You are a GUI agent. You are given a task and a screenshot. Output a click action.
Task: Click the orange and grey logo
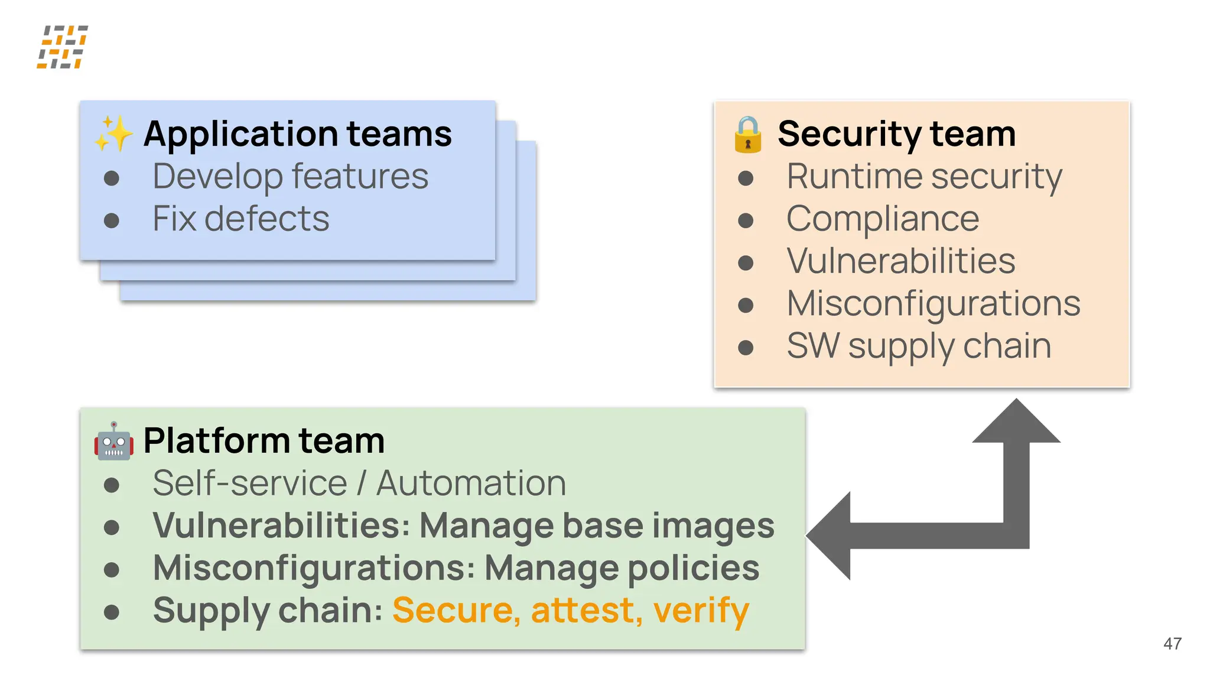63,47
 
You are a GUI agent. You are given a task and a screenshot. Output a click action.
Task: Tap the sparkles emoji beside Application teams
113,134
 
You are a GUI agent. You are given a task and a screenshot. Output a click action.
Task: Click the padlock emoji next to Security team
747,135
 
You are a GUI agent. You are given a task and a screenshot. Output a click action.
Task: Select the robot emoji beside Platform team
113,441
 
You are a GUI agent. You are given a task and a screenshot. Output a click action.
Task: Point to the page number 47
1172,644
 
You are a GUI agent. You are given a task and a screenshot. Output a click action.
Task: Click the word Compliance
883,219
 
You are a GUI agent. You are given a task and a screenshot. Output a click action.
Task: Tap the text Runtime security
924,176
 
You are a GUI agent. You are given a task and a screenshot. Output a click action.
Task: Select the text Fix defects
240,219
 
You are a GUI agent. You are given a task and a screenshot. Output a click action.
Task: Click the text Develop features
290,176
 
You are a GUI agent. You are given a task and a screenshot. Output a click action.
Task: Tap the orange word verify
701,610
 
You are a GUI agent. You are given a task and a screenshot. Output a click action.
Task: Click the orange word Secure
456,610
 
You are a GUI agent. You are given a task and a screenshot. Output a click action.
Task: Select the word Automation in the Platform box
471,483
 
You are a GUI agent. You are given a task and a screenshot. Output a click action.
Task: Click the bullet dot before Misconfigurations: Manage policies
112,570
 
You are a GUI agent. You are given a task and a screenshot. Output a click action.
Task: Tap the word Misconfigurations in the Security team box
933,304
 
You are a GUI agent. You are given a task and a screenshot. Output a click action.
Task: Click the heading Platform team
264,441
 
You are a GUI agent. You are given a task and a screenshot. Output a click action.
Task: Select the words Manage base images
596,526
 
